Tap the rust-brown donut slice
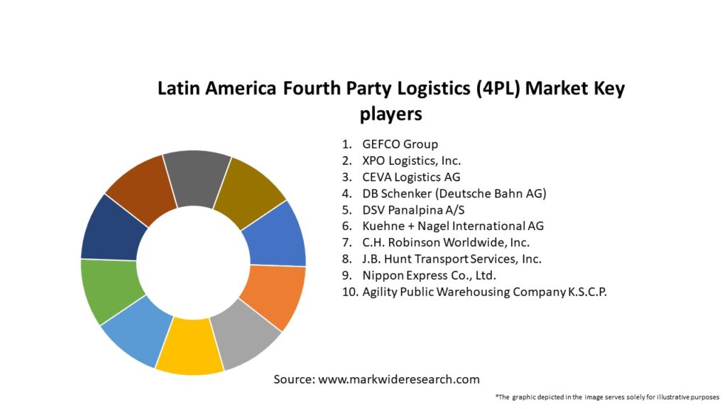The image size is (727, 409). [x=142, y=188]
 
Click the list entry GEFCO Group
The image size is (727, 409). [x=400, y=144]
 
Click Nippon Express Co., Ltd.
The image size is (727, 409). [x=429, y=275]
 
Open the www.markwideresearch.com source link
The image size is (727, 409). [x=399, y=379]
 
